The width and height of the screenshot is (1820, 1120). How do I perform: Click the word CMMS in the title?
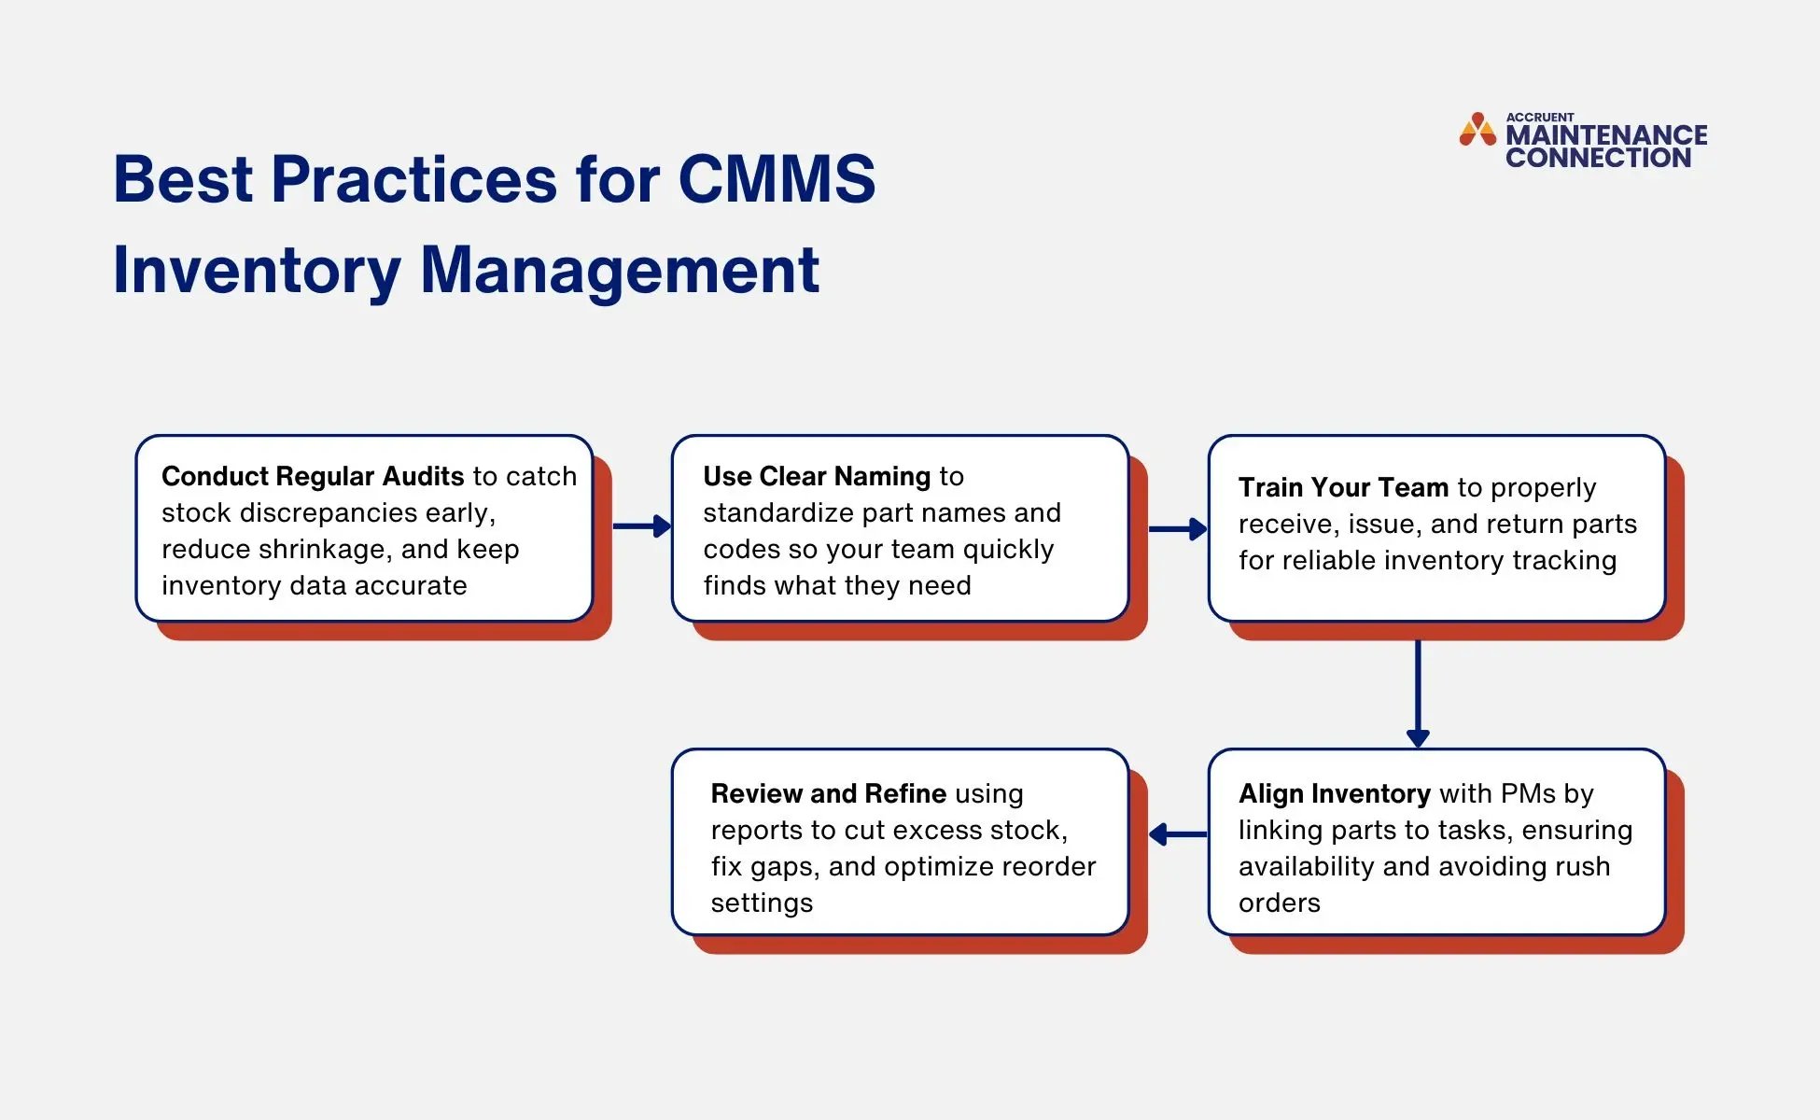point(777,179)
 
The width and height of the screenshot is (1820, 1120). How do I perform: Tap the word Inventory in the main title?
point(257,271)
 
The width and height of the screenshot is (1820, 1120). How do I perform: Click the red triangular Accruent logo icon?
point(1477,131)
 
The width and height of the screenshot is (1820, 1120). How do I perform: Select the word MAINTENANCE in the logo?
point(1606,135)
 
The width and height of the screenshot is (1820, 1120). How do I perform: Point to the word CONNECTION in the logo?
point(1598,158)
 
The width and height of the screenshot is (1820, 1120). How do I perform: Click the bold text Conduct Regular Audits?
point(313,476)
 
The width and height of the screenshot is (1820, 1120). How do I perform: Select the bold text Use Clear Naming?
point(817,476)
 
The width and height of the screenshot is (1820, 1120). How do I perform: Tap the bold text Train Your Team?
point(1343,487)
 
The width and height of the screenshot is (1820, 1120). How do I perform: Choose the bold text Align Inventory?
point(1334,793)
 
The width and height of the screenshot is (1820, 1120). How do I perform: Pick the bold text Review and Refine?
point(828,793)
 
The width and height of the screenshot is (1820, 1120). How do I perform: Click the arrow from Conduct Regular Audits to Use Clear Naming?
point(642,526)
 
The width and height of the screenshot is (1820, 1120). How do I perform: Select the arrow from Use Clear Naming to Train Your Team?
point(1178,529)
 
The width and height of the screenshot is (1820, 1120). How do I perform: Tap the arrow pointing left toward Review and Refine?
point(1178,834)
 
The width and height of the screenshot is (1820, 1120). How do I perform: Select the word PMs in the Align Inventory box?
point(1527,793)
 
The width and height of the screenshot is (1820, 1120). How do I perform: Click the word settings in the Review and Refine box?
point(762,903)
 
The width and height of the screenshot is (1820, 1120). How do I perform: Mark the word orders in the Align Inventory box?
point(1279,903)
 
